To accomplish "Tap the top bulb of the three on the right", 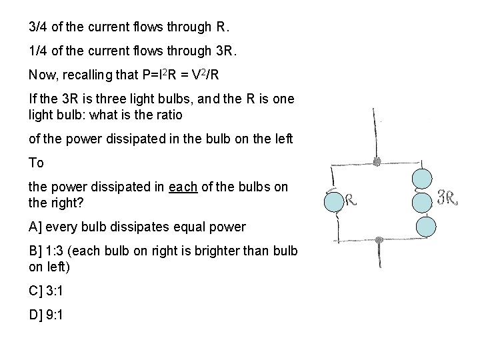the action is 422,179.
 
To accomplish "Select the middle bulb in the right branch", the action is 422,202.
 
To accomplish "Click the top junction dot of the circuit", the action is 377,162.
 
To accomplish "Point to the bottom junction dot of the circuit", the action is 378,240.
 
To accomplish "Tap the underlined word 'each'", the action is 183,187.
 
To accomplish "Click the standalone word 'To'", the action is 36,163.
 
